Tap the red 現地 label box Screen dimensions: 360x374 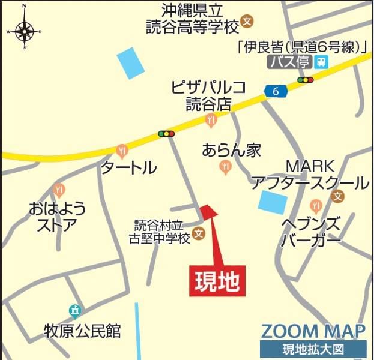click(218, 280)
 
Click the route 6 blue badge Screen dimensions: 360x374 click(276, 91)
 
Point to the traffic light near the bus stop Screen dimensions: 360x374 click(305, 80)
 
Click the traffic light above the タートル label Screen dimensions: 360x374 click(166, 134)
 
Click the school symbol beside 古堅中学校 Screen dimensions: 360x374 click(199, 235)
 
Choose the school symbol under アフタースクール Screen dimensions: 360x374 click(338, 196)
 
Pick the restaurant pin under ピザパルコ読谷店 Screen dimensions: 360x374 click(210, 121)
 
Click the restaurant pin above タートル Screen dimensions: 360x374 click(122, 149)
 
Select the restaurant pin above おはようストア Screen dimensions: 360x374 click(58, 191)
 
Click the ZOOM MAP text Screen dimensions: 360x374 click(313, 331)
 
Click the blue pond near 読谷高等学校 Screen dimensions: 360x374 click(131, 62)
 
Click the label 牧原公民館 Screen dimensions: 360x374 click(82, 331)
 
